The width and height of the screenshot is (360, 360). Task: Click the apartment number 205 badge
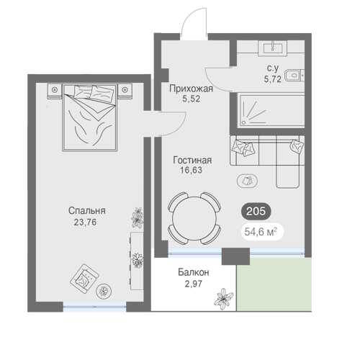pos(256,211)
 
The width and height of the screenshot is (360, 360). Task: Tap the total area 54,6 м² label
pos(261,232)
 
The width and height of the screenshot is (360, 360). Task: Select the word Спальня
pos(87,211)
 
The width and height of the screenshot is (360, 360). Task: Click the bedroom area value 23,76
pos(85,222)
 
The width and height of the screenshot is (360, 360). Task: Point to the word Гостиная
pos(192,160)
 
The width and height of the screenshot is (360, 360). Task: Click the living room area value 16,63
pos(191,170)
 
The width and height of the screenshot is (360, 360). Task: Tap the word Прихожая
pos(191,89)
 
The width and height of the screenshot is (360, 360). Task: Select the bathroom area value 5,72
pos(272,79)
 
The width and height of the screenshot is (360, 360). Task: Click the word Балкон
pos(194,272)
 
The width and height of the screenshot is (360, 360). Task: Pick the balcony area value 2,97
pos(194,284)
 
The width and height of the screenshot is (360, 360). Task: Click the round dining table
pos(194,218)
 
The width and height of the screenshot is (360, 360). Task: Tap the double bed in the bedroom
pos(90,117)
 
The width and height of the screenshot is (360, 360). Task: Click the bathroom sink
pos(273,48)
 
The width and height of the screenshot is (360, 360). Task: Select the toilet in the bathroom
pos(294,76)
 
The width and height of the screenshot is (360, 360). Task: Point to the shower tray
pos(271,111)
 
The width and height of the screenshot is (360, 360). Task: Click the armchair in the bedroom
pos(84,279)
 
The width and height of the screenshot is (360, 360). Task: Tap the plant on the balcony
pos(223,299)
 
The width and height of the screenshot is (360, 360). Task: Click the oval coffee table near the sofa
pos(248,181)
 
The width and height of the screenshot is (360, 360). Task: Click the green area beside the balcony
pos(274,285)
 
